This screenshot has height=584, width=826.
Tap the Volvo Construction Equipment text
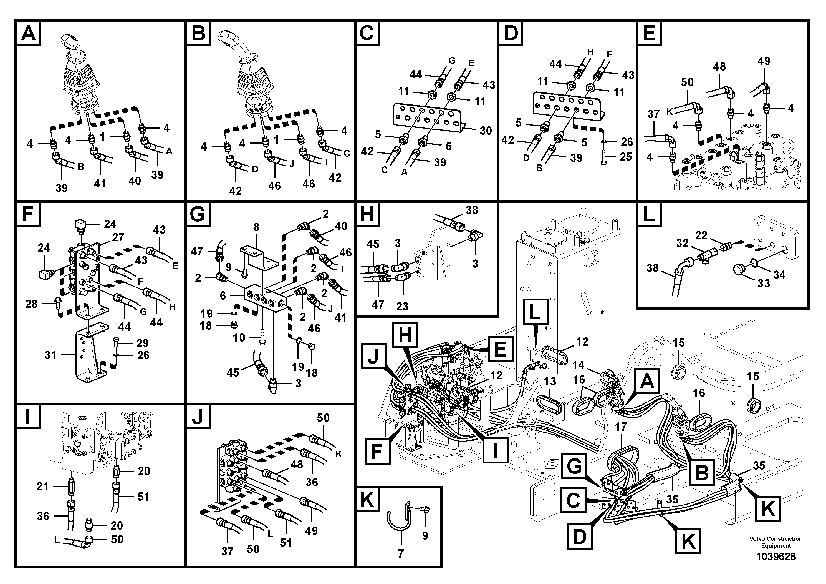click(x=776, y=542)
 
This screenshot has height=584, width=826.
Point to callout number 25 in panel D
click(x=626, y=157)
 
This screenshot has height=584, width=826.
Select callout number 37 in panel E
click(x=653, y=114)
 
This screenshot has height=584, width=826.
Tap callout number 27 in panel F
click(x=118, y=237)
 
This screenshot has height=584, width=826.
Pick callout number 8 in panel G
click(x=256, y=227)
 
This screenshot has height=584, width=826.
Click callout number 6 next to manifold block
click(x=223, y=295)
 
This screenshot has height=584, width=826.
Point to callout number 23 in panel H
click(x=402, y=306)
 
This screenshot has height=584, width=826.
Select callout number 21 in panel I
click(x=42, y=487)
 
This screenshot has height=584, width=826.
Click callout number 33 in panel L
click(x=763, y=283)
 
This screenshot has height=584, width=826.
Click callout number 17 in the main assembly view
click(x=621, y=427)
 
